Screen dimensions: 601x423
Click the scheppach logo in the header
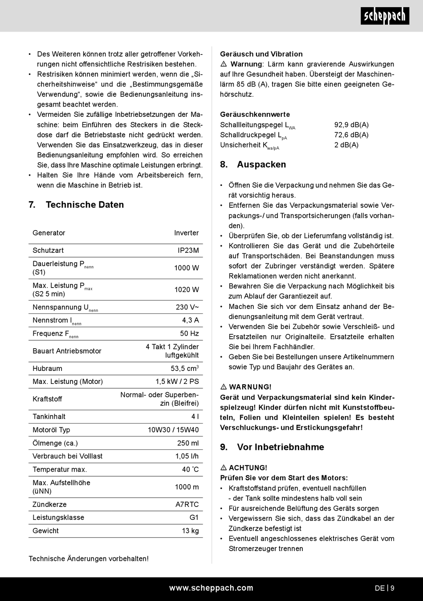[385, 16]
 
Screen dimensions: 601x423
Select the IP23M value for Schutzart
[188, 251]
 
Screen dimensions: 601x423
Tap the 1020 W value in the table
[187, 290]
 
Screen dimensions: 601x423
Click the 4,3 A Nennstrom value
[191, 320]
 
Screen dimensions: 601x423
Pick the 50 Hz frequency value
[189, 333]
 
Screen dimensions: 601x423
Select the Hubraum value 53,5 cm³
[184, 369]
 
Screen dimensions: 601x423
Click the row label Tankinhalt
[49, 416]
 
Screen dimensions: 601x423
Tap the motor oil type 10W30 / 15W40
[173, 430]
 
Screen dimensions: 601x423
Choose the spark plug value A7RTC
[187, 504]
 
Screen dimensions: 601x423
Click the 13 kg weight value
[190, 531]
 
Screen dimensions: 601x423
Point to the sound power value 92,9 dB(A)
[351, 125]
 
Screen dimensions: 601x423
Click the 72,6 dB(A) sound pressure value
[351, 135]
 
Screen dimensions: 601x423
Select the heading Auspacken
[261, 165]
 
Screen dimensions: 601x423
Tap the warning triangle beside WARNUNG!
[224, 387]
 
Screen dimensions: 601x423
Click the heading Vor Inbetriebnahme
[281, 447]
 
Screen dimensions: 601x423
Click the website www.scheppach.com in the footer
[211, 588]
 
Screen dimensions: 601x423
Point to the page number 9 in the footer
[392, 588]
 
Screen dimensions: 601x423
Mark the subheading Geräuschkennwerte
[255, 115]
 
